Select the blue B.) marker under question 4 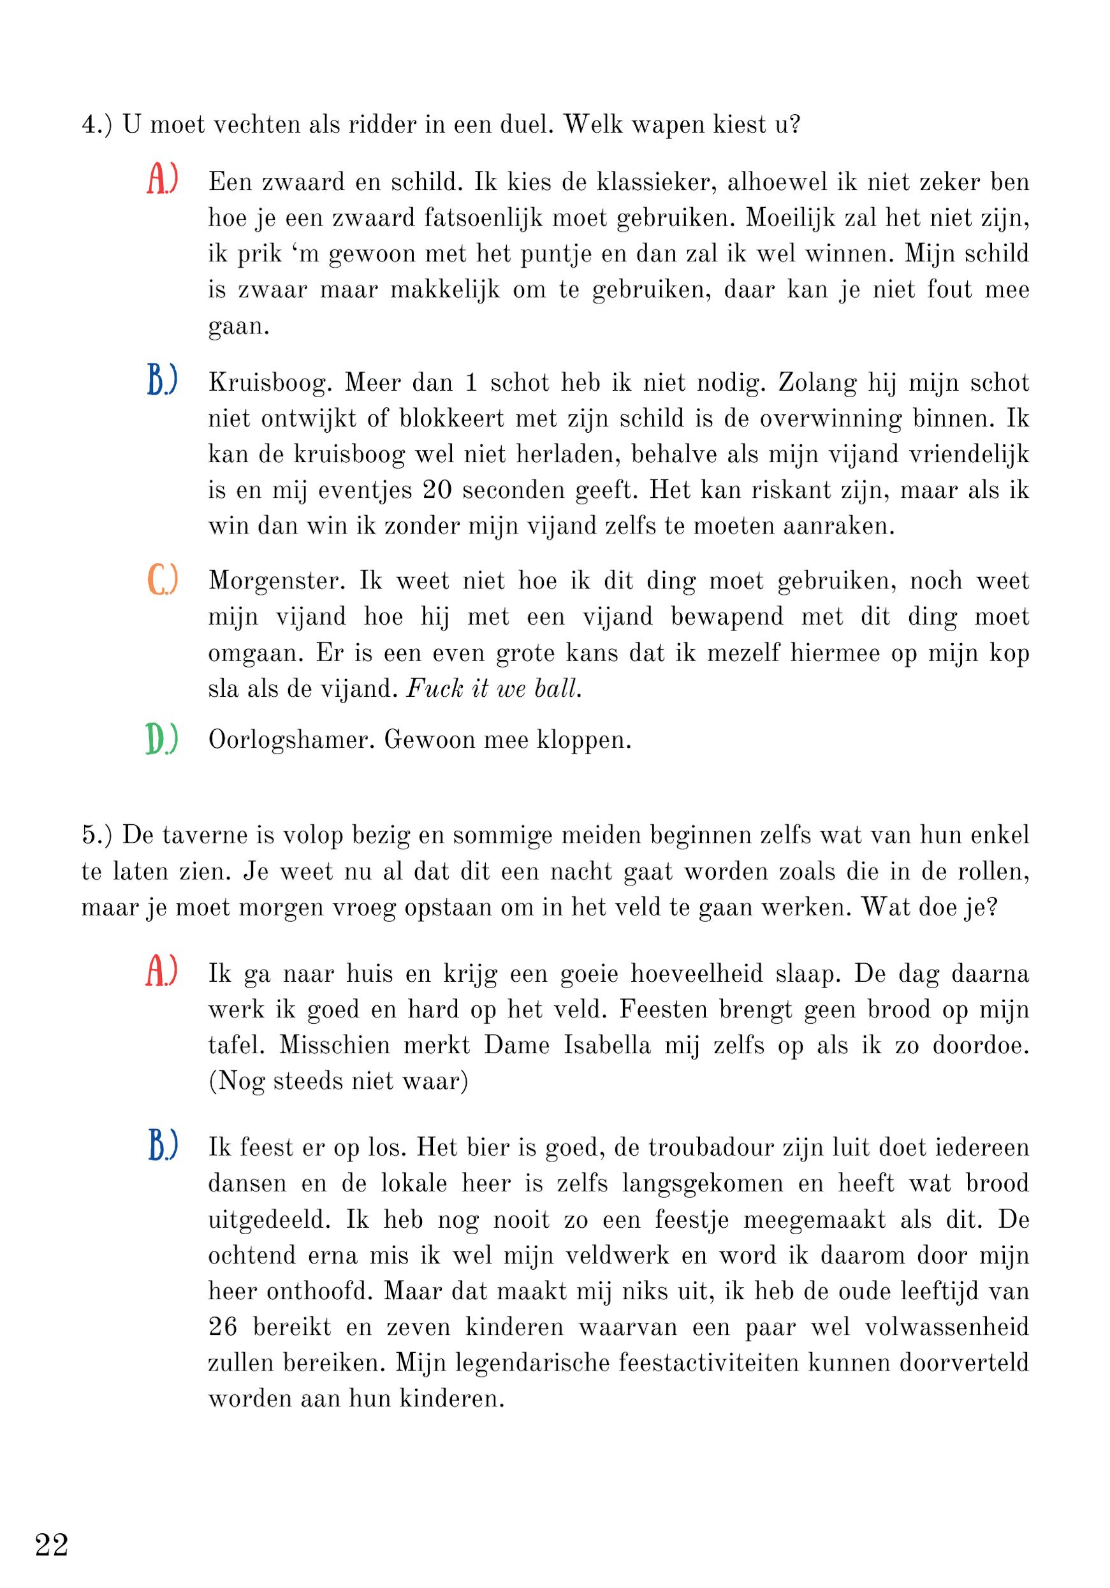coord(163,381)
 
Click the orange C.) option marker coord(163,579)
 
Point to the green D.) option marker coord(163,739)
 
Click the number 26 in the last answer coord(223,1327)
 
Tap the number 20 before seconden coord(435,490)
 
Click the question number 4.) coord(97,125)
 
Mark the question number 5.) coord(97,836)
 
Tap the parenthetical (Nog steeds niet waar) coord(338,1081)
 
